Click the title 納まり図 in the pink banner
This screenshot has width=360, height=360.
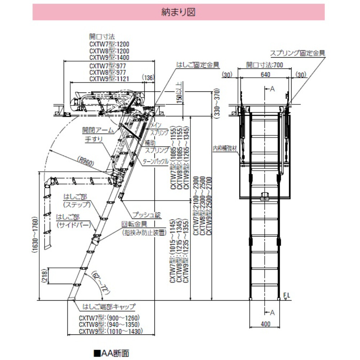point(179,12)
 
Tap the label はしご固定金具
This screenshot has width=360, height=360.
point(198,65)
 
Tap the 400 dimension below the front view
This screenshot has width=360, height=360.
point(265,324)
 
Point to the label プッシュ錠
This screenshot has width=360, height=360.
point(146,215)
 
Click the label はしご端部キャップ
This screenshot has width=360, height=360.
point(109,307)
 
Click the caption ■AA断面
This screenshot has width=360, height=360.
point(111,353)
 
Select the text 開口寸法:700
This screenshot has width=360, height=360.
point(265,65)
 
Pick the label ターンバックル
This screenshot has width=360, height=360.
point(156,162)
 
